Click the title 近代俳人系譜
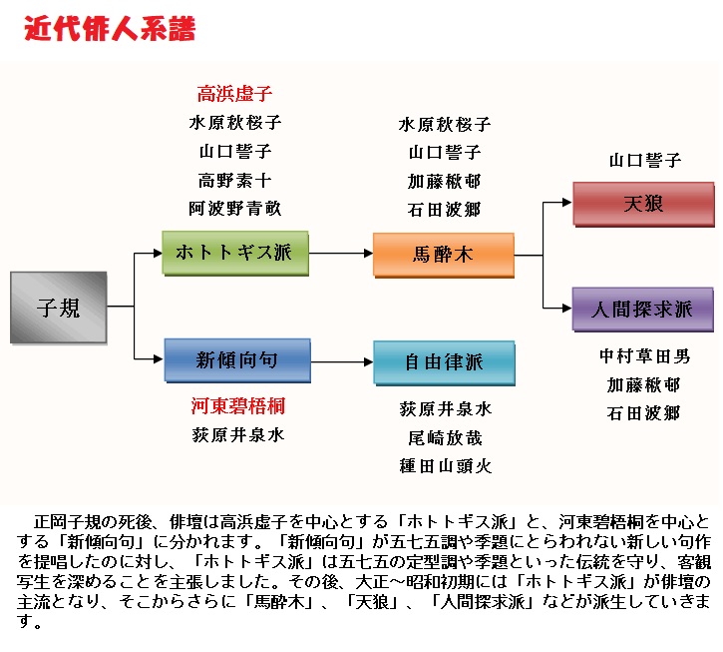click(x=110, y=29)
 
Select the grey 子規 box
click(x=58, y=307)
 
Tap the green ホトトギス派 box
click(x=234, y=253)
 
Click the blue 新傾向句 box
click(x=236, y=360)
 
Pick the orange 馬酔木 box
click(x=443, y=255)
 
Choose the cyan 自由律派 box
click(x=444, y=362)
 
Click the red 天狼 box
click(x=643, y=205)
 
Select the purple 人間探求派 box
click(x=643, y=309)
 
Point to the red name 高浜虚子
click(x=235, y=95)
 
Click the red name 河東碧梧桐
click(x=238, y=406)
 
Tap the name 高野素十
click(x=235, y=181)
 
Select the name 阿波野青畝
click(x=235, y=209)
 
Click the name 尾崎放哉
click(x=445, y=437)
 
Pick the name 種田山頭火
click(x=445, y=465)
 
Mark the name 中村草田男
click(x=644, y=356)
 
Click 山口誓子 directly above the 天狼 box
click(x=644, y=160)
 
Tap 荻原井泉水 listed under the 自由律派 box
click(x=445, y=409)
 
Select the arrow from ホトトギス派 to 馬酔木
click(x=340, y=254)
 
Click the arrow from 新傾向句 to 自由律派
click(x=340, y=361)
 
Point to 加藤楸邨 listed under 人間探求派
click(x=644, y=384)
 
